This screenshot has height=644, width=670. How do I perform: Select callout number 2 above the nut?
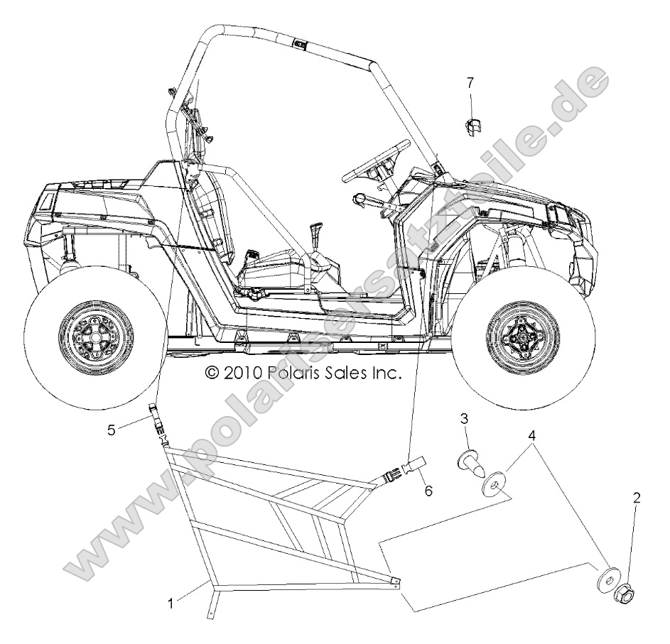(x=637, y=498)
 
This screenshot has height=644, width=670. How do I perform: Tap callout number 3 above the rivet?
(x=464, y=419)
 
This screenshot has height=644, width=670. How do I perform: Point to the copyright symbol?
(x=212, y=372)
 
